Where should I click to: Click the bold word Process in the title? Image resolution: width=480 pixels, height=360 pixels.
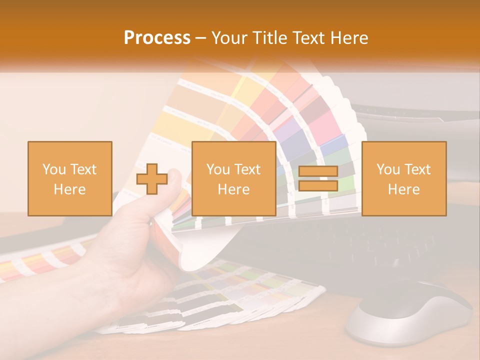157,38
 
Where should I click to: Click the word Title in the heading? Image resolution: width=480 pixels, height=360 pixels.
269,38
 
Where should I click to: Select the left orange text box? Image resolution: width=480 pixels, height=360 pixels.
70,178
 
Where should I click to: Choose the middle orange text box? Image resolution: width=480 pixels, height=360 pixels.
233,178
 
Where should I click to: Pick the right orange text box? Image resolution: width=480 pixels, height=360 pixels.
404,178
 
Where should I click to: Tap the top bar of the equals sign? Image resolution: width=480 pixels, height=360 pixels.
318,171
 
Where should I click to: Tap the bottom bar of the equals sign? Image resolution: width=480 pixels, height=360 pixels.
318,186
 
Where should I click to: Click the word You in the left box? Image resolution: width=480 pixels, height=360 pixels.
54,169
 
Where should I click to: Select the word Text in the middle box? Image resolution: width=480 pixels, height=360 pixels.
247,169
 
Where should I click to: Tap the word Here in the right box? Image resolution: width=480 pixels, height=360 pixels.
404,189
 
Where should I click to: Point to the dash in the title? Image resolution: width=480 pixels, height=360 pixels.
201,38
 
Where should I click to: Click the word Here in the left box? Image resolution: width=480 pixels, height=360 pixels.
70,189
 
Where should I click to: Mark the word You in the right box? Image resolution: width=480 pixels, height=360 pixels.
388,169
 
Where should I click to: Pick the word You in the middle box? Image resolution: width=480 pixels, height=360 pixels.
218,169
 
